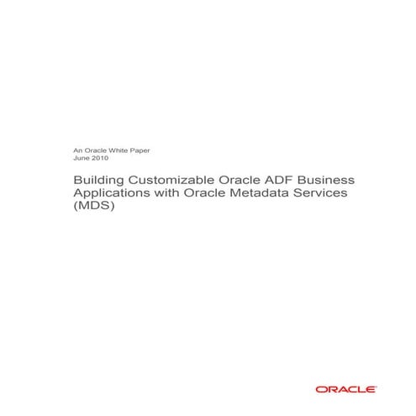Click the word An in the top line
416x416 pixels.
pyautogui.click(x=79, y=150)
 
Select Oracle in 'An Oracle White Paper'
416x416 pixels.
pyautogui.click(x=95, y=150)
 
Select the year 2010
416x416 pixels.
pyautogui.click(x=100, y=158)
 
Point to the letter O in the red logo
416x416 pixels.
pyautogui.click(x=321, y=389)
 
